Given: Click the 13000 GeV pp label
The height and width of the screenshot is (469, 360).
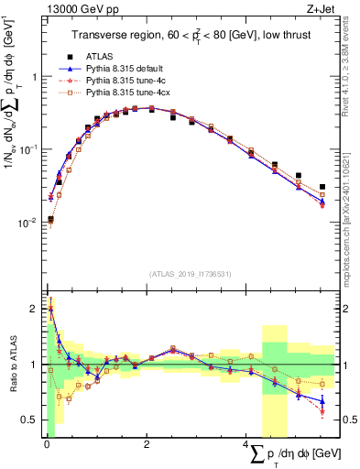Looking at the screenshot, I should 71,10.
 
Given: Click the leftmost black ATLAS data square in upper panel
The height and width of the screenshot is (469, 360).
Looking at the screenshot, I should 50,219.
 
